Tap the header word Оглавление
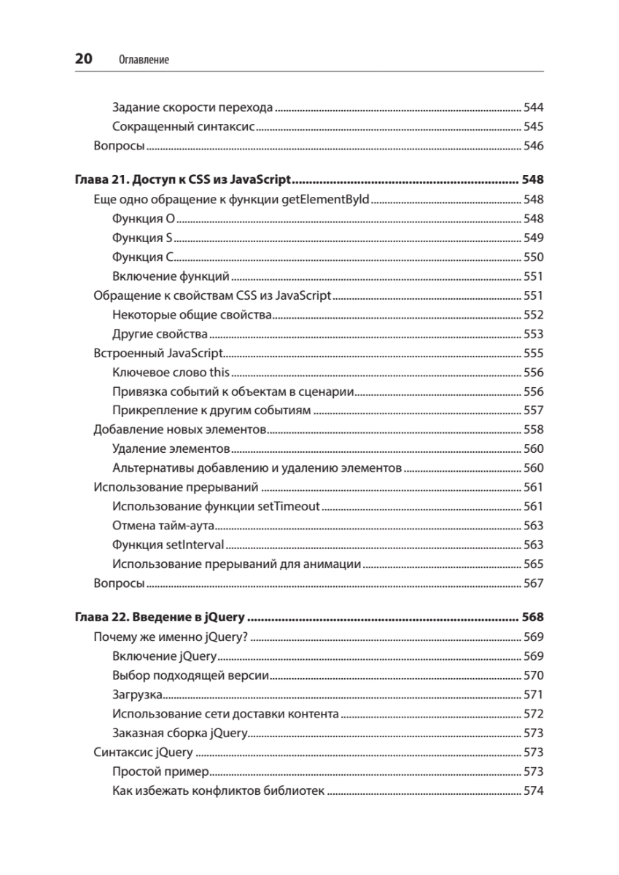coord(143,61)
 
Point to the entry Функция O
coord(144,219)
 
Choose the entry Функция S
coord(143,238)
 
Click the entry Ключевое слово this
coord(171,373)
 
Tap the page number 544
coord(534,108)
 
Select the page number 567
coord(534,583)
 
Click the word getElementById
coord(326,199)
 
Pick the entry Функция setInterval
coord(168,545)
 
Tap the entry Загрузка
coord(138,695)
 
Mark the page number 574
coord(534,791)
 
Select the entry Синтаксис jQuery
coord(144,752)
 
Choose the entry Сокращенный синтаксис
coord(183,127)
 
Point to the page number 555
coord(534,354)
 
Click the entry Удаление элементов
coord(172,448)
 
